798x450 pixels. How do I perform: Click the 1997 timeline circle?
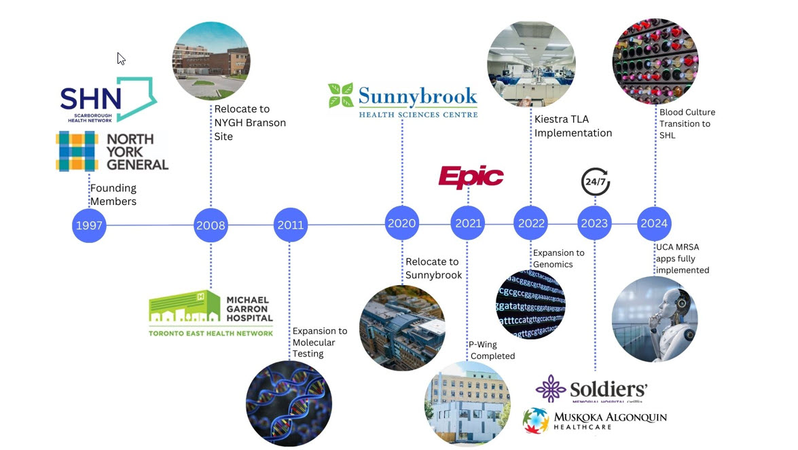pyautogui.click(x=89, y=225)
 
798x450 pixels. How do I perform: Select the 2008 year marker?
pyautogui.click(x=211, y=225)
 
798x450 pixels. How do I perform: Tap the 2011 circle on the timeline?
pyautogui.click(x=291, y=225)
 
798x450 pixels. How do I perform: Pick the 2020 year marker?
pyautogui.click(x=402, y=223)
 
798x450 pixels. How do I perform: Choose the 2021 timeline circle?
pyautogui.click(x=468, y=223)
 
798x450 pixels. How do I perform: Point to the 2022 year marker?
pyautogui.click(x=530, y=223)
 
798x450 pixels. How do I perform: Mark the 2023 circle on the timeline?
pyautogui.click(x=595, y=223)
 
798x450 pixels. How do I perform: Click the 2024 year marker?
pyautogui.click(x=655, y=223)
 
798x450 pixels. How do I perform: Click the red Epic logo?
pyautogui.click(x=471, y=177)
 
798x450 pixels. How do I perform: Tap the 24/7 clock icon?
pyautogui.click(x=596, y=182)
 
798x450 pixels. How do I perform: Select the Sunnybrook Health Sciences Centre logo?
pyautogui.click(x=403, y=100)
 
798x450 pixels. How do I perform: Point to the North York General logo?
pyautogui.click(x=112, y=151)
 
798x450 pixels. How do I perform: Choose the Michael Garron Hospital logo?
pyautogui.click(x=211, y=313)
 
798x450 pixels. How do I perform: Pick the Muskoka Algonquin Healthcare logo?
pyautogui.click(x=595, y=419)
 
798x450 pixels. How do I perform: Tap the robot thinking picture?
pyautogui.click(x=655, y=318)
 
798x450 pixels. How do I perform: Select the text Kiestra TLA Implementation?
pyautogui.click(x=573, y=126)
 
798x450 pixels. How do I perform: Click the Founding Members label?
pyautogui.click(x=113, y=195)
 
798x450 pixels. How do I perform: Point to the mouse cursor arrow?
pyautogui.click(x=121, y=58)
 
